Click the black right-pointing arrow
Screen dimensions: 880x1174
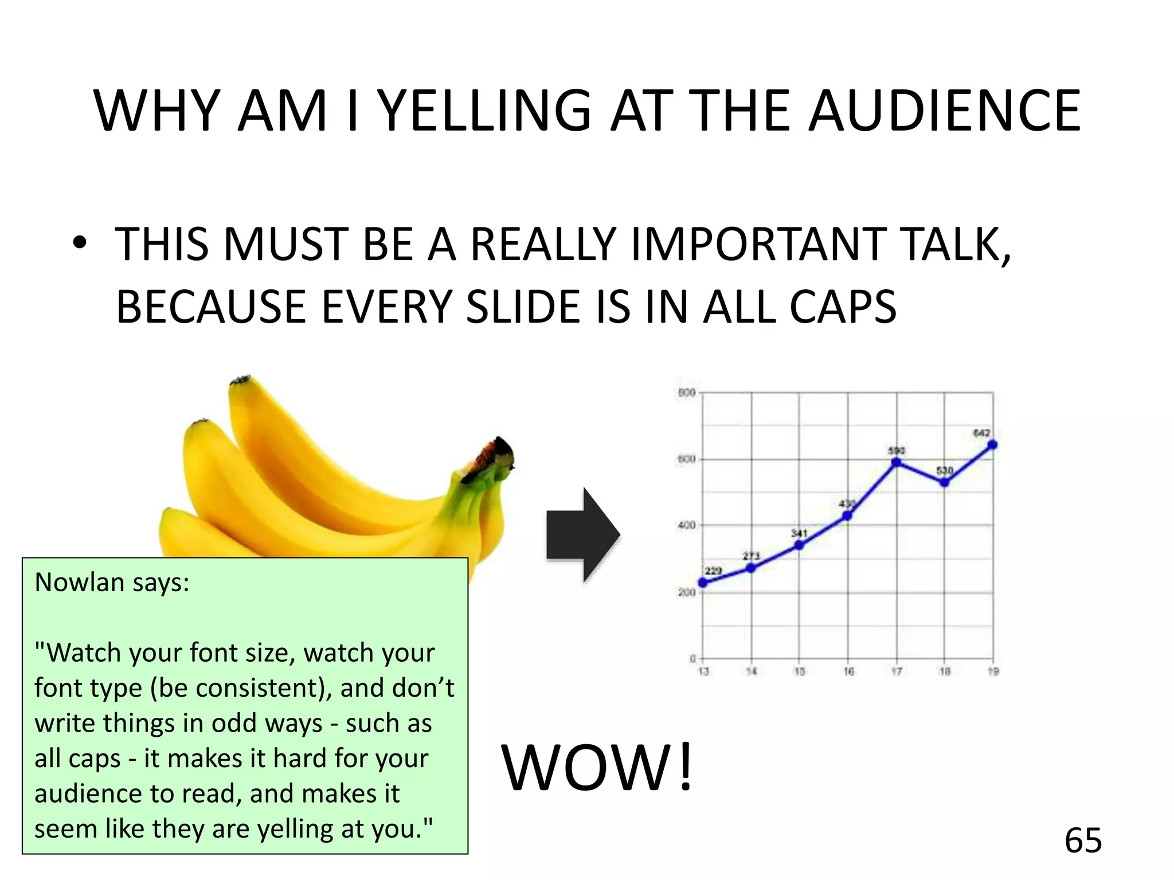tap(582, 535)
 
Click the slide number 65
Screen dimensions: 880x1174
tap(1083, 840)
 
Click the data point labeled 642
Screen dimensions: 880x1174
tap(993, 445)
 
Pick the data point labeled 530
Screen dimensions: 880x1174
tap(945, 482)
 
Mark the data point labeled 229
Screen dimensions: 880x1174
tap(703, 583)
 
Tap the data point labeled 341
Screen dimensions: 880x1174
tap(799, 545)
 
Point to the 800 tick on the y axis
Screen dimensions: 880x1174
tap(687, 393)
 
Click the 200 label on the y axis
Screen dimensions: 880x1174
tap(687, 592)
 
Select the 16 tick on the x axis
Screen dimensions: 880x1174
tap(848, 671)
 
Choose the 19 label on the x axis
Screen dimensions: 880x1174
tap(993, 671)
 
